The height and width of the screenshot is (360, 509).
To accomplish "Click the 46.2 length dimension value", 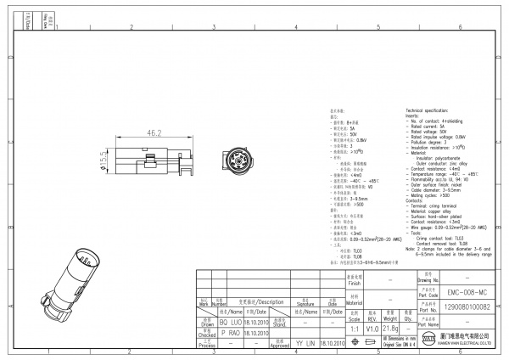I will tap(154, 134).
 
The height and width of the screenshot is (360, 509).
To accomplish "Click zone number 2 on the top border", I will tap(131, 27).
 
